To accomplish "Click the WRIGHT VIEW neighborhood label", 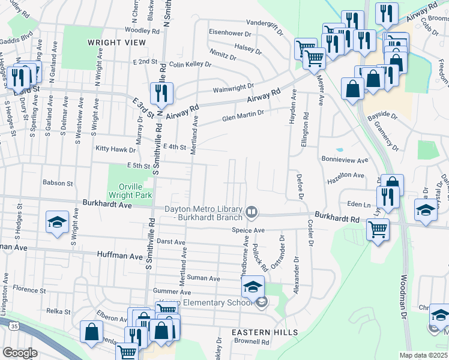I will [x=116, y=43].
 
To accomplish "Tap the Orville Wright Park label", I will [x=130, y=190].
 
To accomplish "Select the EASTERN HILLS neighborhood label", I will [x=265, y=332].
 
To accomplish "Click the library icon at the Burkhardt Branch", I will [x=252, y=211].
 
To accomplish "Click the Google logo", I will [x=20, y=352].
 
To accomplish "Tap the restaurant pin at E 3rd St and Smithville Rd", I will [x=161, y=93].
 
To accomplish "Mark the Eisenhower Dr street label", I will [x=231, y=32].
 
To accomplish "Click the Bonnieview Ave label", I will [x=345, y=161].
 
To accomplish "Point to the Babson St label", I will [x=57, y=183].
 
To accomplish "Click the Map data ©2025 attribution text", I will [x=423, y=355].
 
